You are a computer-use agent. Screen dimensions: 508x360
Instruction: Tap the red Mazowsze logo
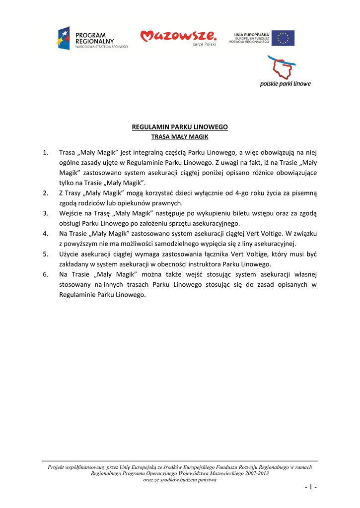pos(178,37)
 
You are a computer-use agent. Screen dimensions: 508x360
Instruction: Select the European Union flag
pos(283,38)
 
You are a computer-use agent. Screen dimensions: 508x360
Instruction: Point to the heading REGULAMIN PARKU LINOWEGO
pos(179,127)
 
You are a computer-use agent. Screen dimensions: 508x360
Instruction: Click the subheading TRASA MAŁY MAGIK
pos(179,136)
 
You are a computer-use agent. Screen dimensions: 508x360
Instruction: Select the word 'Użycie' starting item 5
pos(69,254)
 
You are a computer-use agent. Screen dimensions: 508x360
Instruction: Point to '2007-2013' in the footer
pos(256,474)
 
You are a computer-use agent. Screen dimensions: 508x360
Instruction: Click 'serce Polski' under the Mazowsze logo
pos(205,44)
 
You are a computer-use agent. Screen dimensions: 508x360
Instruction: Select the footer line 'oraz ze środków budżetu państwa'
pos(179,480)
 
